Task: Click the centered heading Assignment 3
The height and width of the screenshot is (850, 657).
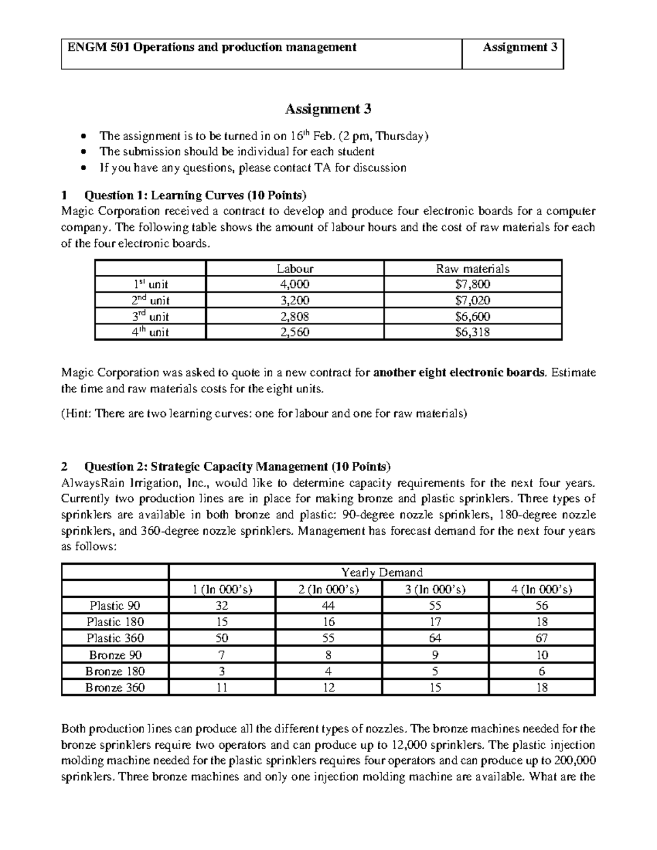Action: [328, 109]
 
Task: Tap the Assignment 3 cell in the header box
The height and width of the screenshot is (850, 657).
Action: [520, 48]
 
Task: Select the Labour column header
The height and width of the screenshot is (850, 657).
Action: [295, 268]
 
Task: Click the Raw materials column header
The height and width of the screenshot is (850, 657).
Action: [472, 268]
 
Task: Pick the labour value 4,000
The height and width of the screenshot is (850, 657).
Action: [295, 284]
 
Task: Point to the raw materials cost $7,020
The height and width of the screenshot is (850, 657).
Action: [472, 300]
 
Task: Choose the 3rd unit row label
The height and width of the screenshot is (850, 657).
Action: [150, 316]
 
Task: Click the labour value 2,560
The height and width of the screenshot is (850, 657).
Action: [295, 332]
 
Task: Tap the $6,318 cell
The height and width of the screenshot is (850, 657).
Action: [472, 332]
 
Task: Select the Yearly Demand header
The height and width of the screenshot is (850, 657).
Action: [382, 573]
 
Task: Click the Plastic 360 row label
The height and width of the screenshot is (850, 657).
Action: [116, 638]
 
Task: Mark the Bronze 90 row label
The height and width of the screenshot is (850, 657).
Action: [116, 655]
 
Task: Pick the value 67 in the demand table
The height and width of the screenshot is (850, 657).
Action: [541, 638]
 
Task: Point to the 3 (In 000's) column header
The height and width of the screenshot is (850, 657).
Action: [435, 589]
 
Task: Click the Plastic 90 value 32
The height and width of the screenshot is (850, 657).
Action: [222, 605]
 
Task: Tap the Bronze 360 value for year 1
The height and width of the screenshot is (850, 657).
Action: [222, 687]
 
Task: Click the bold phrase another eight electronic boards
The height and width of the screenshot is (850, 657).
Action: [459, 373]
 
